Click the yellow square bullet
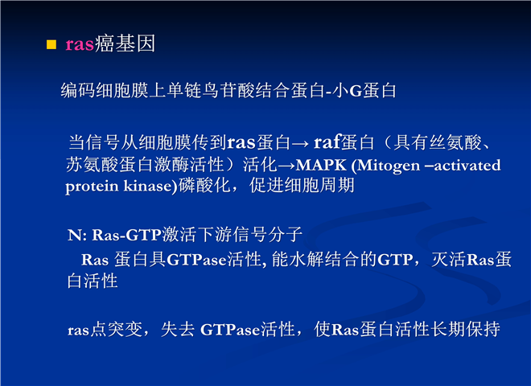tap(51, 44)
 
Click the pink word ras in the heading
tap(80, 44)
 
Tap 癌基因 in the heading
tap(125, 43)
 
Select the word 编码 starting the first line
tap(78, 90)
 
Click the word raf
tap(327, 142)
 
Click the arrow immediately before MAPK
tap(286, 166)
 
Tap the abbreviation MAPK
tap(321, 165)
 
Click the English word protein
tap(92, 187)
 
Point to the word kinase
tap(148, 186)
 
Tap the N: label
tap(77, 235)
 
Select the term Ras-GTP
tap(127, 235)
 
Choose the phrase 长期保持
tap(465, 329)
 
